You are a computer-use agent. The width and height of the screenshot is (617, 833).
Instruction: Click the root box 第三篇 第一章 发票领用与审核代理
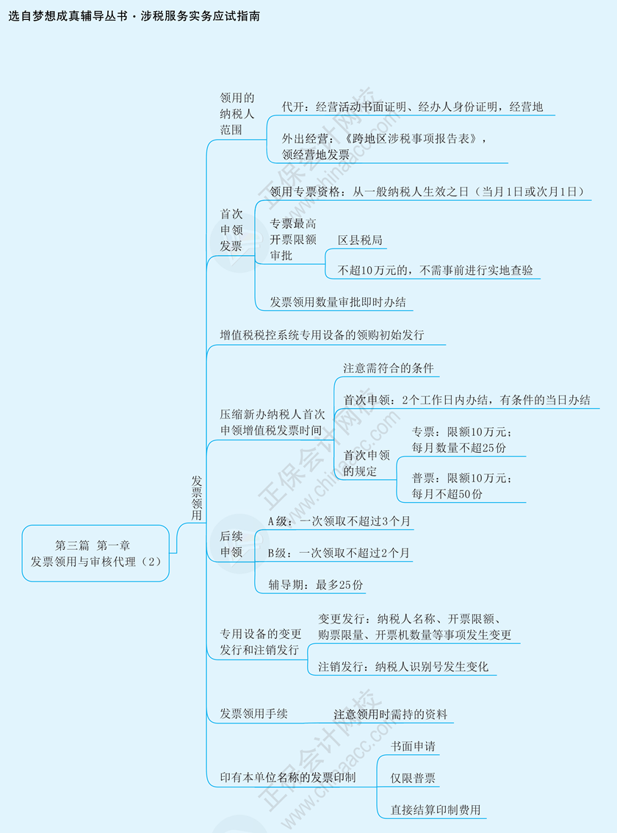pos(95,553)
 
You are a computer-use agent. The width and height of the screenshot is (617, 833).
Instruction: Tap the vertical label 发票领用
pos(197,498)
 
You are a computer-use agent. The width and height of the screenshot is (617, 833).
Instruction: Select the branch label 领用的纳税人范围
pos(237,113)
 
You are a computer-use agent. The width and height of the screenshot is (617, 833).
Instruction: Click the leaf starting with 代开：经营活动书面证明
pos(412,107)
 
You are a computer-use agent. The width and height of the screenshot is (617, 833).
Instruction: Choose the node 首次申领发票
pos(231,229)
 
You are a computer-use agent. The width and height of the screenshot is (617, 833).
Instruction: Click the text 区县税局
pos(360,240)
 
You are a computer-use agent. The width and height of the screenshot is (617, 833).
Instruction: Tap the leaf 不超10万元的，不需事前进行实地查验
pos(435,270)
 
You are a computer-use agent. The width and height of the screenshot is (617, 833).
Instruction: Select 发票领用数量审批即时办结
pos(337,301)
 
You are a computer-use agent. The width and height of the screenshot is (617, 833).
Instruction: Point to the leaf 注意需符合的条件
pos(388,368)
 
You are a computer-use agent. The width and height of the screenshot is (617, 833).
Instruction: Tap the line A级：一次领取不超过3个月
pos(339,521)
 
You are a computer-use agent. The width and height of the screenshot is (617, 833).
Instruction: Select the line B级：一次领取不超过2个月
pos(339,553)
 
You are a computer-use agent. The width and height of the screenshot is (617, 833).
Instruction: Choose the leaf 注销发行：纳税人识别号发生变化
pos(403,667)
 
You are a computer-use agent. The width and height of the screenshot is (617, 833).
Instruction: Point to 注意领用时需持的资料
pos(390,714)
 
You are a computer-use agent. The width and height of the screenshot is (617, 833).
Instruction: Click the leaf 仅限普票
pos(413,778)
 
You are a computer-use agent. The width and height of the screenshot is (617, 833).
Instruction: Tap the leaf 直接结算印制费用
pos(436,809)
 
